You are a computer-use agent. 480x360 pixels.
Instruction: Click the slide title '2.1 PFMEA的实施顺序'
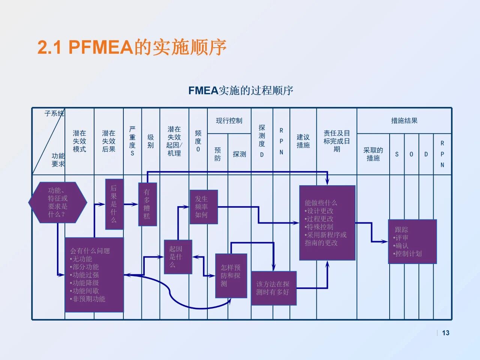[x=132, y=47]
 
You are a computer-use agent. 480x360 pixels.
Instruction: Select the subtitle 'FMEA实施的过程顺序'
[x=241, y=90]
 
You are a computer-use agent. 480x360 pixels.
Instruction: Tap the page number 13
[x=445, y=333]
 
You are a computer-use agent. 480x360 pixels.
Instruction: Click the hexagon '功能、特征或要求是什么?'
[x=58, y=202]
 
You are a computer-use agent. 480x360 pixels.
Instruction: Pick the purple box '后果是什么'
[x=114, y=204]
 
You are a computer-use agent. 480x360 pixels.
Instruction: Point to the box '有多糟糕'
[x=147, y=204]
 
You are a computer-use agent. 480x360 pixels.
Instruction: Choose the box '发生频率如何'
[x=204, y=207]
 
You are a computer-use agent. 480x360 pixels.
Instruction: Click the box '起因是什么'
[x=178, y=257]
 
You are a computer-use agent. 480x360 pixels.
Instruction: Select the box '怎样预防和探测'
[x=231, y=276]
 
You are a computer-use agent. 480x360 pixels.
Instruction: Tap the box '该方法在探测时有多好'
[x=274, y=288]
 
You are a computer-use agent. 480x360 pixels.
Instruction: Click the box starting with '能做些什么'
[x=327, y=223]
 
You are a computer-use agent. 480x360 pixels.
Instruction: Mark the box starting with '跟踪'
[x=412, y=241]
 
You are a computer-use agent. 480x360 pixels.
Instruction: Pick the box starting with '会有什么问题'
[x=94, y=274]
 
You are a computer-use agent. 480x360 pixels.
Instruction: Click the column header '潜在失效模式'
[x=79, y=141]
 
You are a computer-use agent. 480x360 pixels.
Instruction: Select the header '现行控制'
[x=229, y=121]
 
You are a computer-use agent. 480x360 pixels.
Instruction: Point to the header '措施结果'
[x=404, y=121]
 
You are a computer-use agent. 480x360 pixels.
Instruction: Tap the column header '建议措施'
[x=303, y=141]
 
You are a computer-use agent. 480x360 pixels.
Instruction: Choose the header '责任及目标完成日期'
[x=336, y=141]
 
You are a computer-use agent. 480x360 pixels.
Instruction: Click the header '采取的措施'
[x=373, y=154]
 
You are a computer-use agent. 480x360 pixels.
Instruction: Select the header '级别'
[x=150, y=141]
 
